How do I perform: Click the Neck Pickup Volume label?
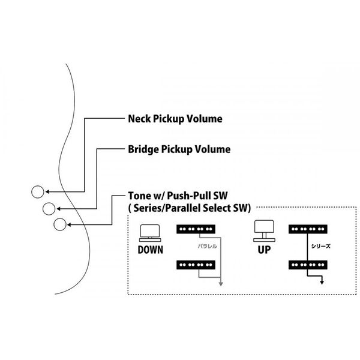pyautogui.click(x=175, y=119)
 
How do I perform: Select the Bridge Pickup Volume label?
pyautogui.click(x=179, y=148)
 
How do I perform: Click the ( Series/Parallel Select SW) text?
pyautogui.click(x=190, y=208)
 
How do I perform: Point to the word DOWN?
pyautogui.click(x=150, y=248)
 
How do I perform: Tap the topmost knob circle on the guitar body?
pyautogui.click(x=37, y=193)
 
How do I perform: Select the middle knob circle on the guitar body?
pyautogui.click(x=49, y=208)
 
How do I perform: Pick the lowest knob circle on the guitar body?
pyautogui.click(x=60, y=224)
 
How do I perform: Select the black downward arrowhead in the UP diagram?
pyautogui.click(x=322, y=283)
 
